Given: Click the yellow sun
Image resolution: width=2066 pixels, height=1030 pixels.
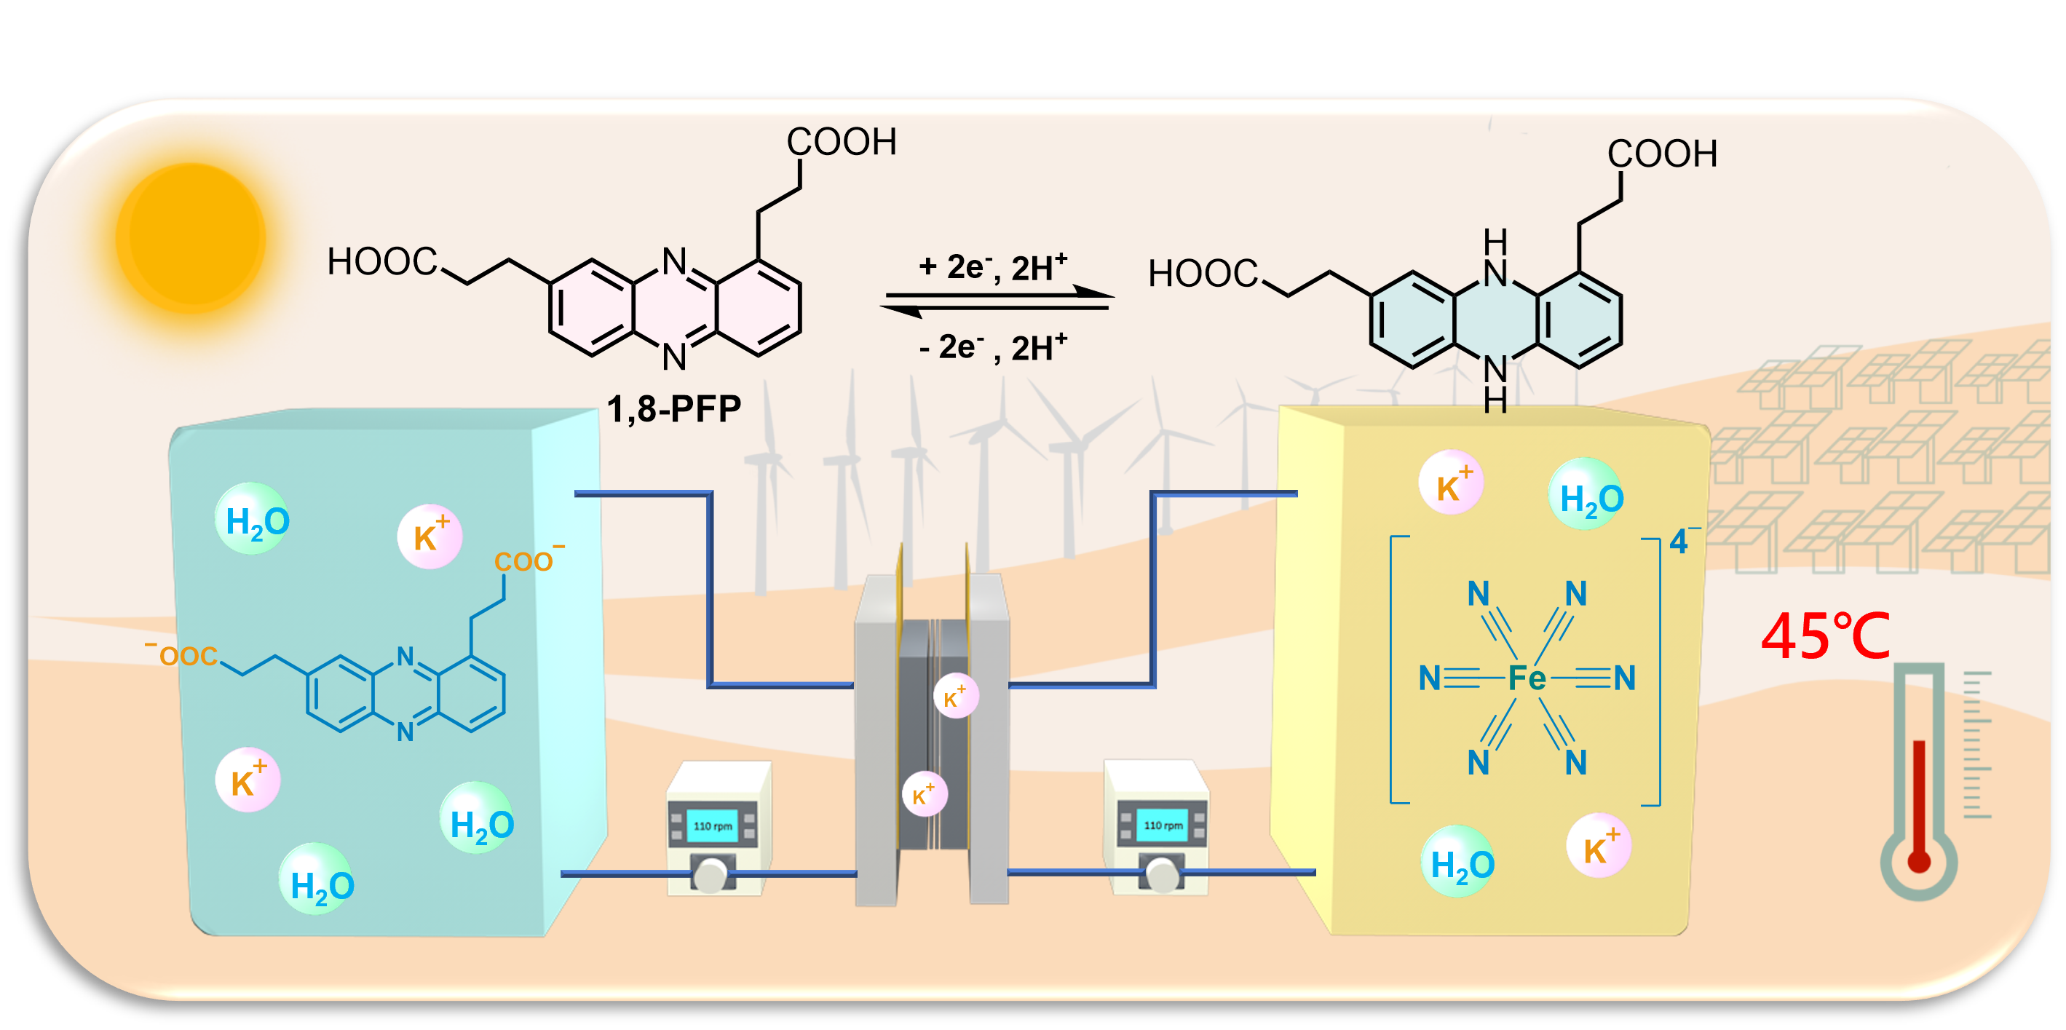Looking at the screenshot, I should (x=191, y=237).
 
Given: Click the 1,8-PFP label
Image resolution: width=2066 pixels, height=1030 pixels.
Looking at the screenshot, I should (x=673, y=409).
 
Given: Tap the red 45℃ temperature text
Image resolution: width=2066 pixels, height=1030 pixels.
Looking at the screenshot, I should (x=1825, y=636).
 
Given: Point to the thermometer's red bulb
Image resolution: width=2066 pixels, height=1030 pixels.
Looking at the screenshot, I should (x=1918, y=862).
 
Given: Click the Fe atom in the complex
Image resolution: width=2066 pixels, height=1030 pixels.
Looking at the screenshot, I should (x=1527, y=678).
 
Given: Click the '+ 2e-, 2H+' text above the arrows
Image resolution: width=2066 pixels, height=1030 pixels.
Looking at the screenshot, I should (x=993, y=267).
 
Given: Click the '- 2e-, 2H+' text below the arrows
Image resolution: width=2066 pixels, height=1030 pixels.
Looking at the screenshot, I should (x=993, y=347).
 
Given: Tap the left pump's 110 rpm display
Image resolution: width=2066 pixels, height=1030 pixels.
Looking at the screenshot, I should (x=712, y=826).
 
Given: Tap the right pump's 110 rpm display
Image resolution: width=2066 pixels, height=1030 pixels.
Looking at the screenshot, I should (x=1163, y=825).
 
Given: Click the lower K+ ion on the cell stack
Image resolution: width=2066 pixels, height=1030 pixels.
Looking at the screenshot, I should (x=925, y=794).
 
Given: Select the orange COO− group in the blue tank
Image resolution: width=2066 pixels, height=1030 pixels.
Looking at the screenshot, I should (x=528, y=560).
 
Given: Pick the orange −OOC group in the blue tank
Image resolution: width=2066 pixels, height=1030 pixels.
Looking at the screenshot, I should (x=183, y=654).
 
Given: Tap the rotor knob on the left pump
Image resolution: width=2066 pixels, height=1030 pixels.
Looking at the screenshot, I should (x=710, y=874).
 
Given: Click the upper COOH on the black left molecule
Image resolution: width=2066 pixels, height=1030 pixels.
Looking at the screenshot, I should (x=841, y=142).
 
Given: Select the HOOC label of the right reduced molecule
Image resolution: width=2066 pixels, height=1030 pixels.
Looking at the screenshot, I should (x=1202, y=274).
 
